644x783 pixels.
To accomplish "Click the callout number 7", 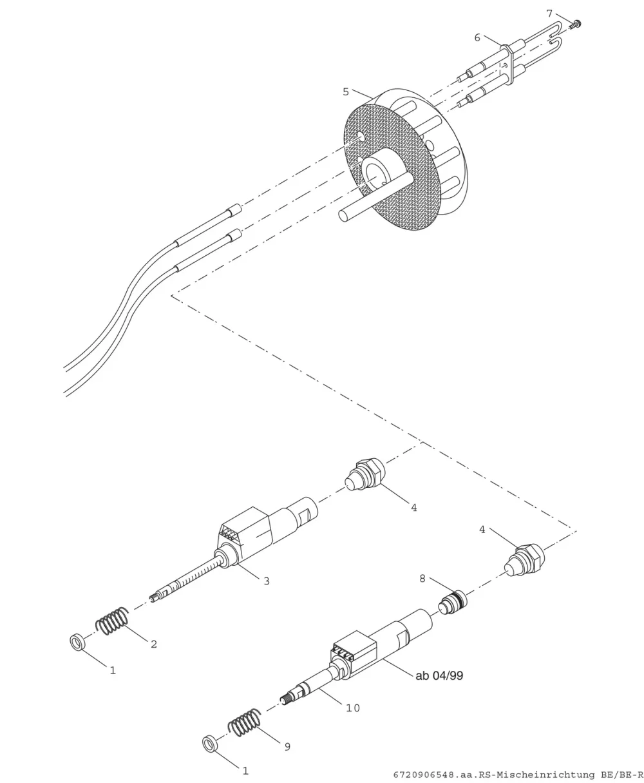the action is (x=549, y=14).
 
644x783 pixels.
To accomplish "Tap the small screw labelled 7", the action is (x=575, y=25).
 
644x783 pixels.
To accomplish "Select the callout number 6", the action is (x=477, y=37).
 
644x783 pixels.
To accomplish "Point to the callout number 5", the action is (x=346, y=92).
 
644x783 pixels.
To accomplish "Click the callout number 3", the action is (x=267, y=581).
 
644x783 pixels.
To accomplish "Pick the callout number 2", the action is (x=154, y=644).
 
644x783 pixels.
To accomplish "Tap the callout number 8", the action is (x=422, y=579).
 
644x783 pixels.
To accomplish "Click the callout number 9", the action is (x=287, y=747).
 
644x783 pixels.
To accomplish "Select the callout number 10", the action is (x=353, y=708).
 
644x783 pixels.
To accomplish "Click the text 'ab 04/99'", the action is (x=440, y=676).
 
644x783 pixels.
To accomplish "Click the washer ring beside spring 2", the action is (x=77, y=643).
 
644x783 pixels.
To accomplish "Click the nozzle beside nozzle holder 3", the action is (x=365, y=476).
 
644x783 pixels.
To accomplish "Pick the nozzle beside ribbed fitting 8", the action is (x=524, y=561).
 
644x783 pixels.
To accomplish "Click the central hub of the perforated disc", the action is (x=381, y=171).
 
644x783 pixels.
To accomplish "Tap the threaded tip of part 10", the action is (x=286, y=701).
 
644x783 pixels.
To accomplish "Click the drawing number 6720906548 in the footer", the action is (x=424, y=775).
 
